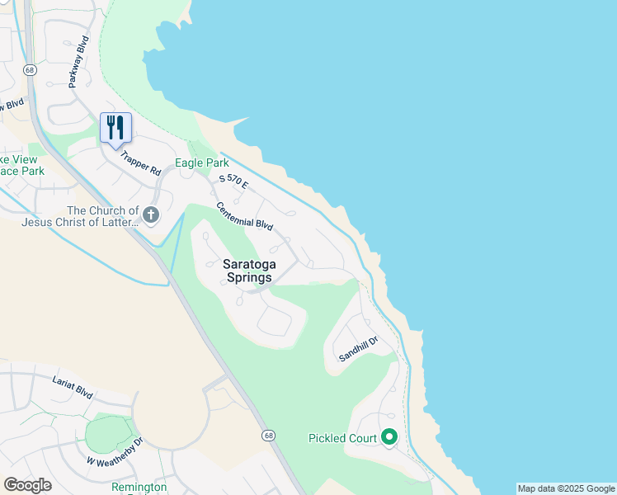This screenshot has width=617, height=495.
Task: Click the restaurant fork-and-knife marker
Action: click(x=115, y=128)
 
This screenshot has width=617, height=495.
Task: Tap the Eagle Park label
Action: click(x=201, y=163)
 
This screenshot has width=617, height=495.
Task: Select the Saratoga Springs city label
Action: click(x=247, y=271)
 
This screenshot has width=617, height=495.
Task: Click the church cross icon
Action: click(x=150, y=216)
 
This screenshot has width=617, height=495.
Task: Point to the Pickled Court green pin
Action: click(x=389, y=437)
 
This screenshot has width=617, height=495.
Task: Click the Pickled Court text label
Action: click(x=342, y=438)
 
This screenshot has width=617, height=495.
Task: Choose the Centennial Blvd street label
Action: click(x=244, y=216)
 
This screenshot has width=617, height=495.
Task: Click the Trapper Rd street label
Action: click(x=140, y=163)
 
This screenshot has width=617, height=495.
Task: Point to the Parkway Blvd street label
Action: click(x=78, y=62)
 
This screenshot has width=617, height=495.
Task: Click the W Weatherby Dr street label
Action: click(x=115, y=455)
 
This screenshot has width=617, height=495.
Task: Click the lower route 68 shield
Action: click(x=269, y=435)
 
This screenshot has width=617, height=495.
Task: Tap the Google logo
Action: click(x=27, y=484)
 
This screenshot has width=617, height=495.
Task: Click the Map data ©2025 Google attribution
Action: click(x=566, y=488)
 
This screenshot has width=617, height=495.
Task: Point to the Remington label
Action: click(x=139, y=488)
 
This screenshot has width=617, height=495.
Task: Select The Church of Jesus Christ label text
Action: click(x=76, y=216)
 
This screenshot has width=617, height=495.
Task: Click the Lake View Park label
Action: click(x=21, y=165)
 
